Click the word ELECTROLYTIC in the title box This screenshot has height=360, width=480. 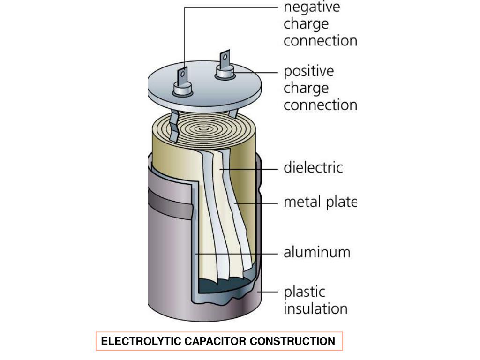click(x=136, y=341)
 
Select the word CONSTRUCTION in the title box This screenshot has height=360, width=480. click(x=292, y=341)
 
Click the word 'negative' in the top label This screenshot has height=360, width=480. click(x=312, y=7)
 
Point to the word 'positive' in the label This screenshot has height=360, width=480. click(x=309, y=71)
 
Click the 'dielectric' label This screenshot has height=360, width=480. click(x=313, y=167)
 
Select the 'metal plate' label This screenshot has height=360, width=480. click(x=320, y=202)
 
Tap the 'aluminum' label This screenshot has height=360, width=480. click(x=317, y=252)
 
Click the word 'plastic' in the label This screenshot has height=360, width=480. click(x=304, y=292)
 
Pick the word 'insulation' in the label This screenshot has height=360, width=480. click(x=315, y=309)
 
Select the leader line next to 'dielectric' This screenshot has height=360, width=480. click(x=248, y=168)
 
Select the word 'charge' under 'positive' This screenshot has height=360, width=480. click(x=306, y=88)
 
